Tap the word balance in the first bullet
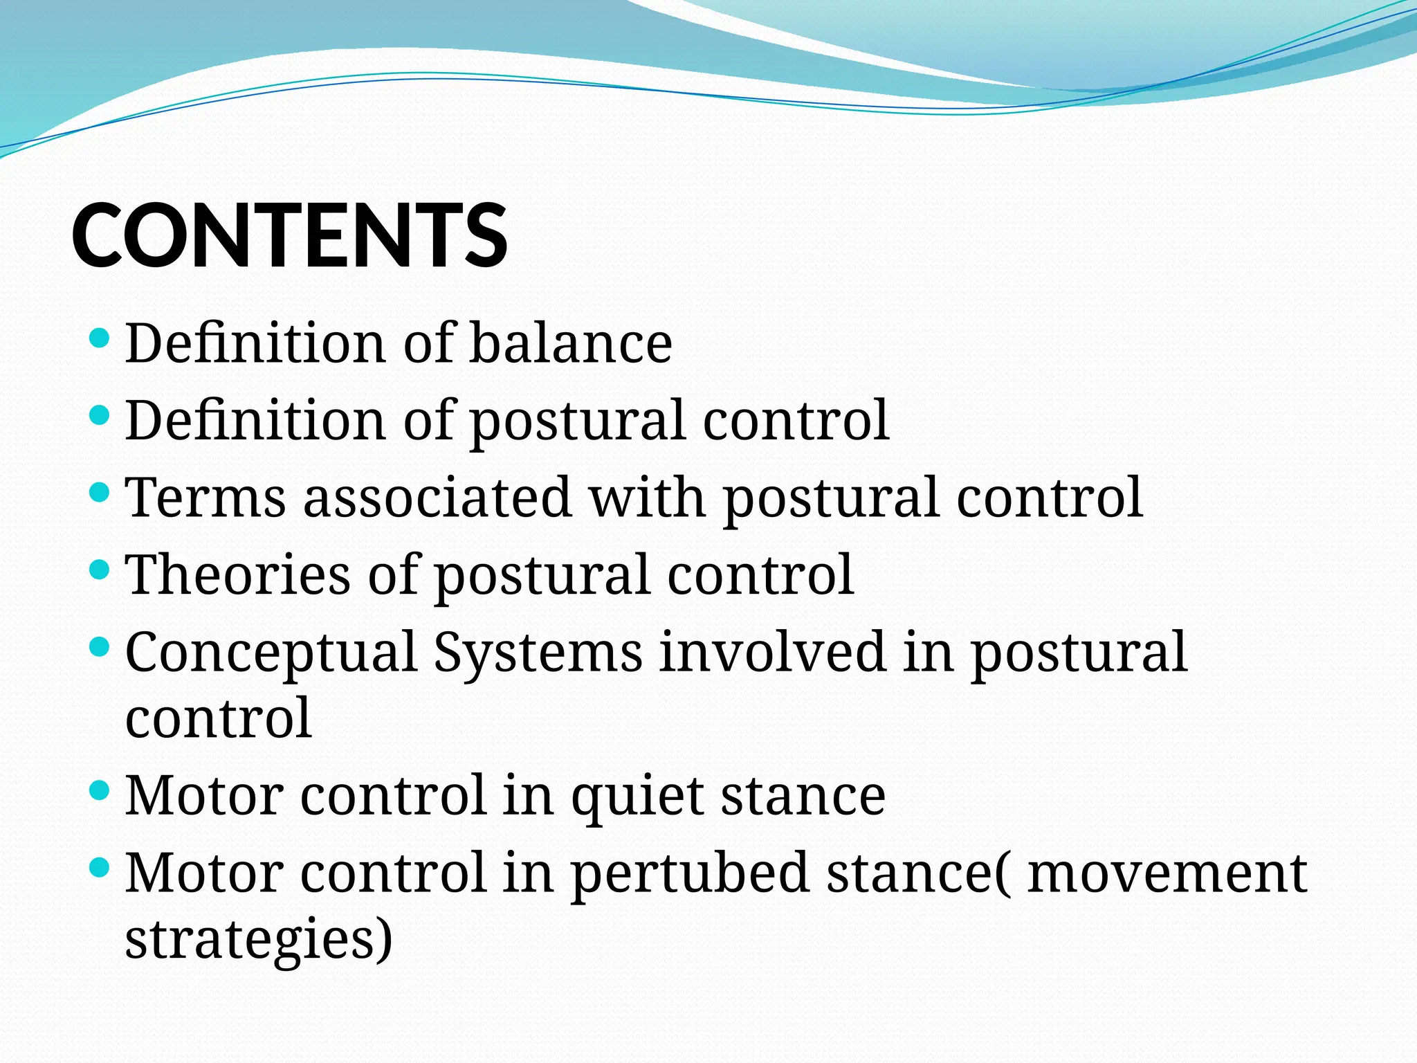571,343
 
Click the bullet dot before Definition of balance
100,338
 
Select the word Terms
205,498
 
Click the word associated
437,498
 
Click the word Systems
538,653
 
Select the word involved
772,653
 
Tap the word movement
1167,873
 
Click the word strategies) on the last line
259,940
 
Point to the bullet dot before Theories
100,570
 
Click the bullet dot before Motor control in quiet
100,791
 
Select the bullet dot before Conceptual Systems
100,648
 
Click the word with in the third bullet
647,498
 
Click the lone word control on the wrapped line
219,718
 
